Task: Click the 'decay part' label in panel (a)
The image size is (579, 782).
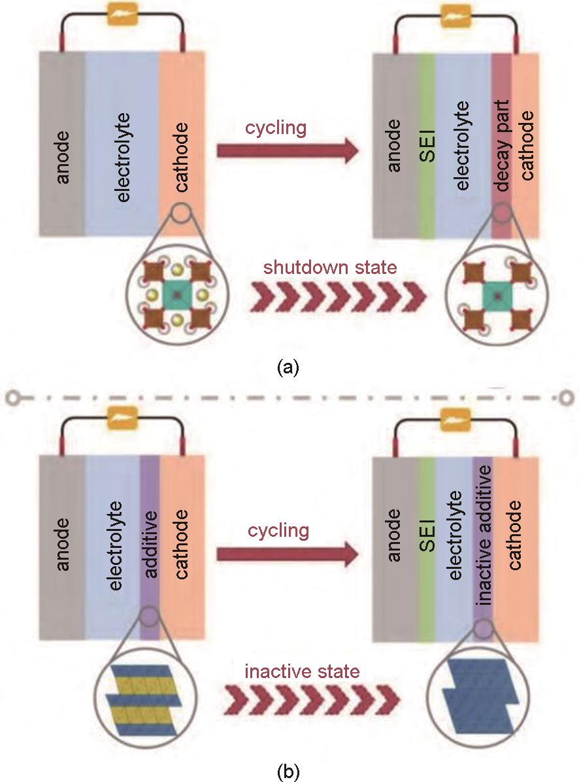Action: [502, 151]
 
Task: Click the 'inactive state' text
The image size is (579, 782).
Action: [302, 671]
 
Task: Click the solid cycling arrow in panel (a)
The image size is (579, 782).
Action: [288, 152]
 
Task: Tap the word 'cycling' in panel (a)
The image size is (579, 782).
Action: [276, 127]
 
